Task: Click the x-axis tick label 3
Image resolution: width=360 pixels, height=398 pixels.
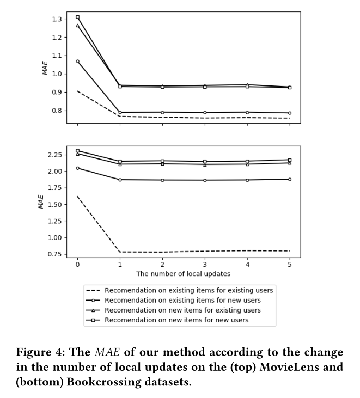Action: (x=204, y=264)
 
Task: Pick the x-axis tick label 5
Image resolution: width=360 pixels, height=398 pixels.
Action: (x=289, y=264)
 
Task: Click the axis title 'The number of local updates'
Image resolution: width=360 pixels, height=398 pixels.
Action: (x=183, y=273)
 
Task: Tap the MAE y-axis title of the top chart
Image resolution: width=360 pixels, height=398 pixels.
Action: (x=45, y=67)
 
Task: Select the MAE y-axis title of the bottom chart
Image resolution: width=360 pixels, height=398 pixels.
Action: (x=41, y=201)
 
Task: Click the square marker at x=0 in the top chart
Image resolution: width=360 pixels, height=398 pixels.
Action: (x=77, y=17)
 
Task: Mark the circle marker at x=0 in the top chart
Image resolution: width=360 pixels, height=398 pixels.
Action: (x=77, y=62)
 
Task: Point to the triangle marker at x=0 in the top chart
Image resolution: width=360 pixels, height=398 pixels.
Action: (x=77, y=26)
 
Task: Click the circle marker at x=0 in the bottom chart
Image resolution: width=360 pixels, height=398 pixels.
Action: (x=77, y=168)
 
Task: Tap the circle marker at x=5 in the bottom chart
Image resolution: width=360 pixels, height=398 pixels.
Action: (x=289, y=179)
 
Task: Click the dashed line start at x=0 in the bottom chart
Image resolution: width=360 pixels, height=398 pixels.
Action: (x=77, y=196)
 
